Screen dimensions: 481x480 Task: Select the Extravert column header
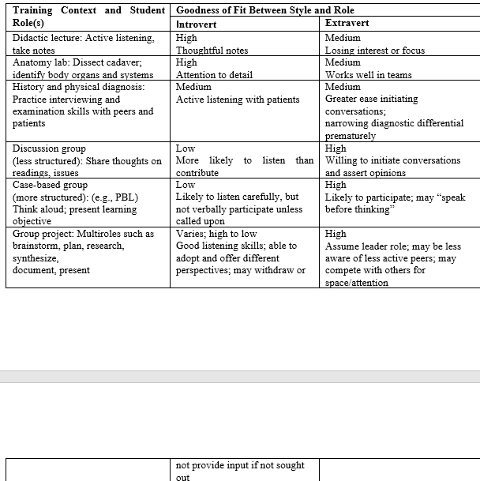point(347,24)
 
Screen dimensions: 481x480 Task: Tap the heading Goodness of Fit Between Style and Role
point(264,10)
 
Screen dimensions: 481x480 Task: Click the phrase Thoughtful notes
point(212,51)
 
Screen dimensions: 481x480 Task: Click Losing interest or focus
point(374,51)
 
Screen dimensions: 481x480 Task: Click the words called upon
point(200,222)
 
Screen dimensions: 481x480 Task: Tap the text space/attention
point(356,283)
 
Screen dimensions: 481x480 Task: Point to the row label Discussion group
point(49,148)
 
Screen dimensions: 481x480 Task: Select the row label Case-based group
point(50,185)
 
